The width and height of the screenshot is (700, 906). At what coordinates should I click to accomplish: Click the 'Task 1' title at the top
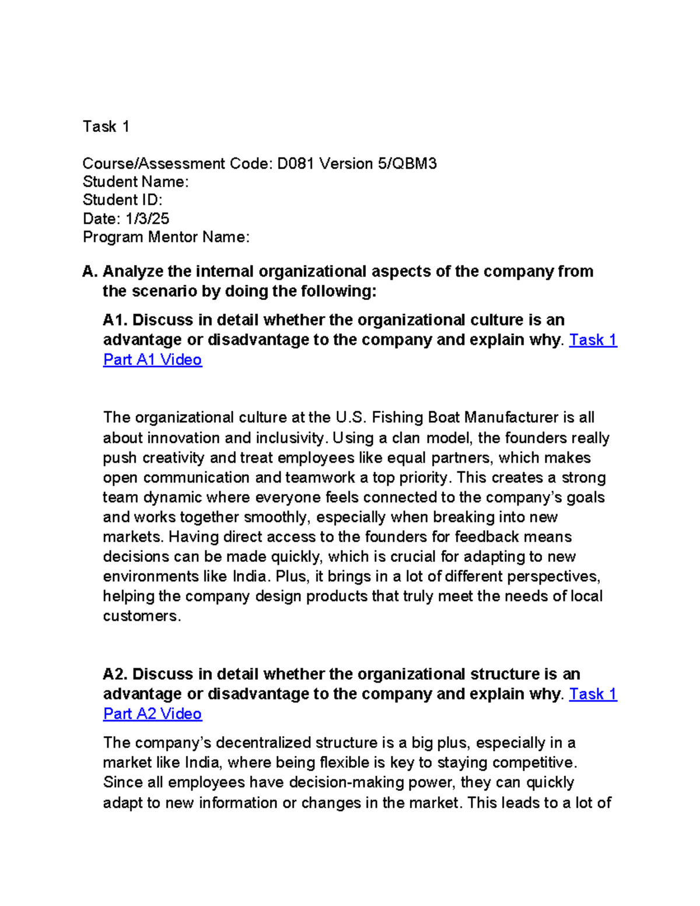[106, 127]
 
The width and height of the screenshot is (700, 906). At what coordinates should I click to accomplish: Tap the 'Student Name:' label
[135, 182]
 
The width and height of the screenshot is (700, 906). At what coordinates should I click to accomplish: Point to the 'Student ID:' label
[123, 200]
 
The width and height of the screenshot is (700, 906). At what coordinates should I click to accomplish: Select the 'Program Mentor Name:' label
[166, 237]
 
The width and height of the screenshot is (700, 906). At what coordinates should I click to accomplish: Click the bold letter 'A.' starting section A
[89, 271]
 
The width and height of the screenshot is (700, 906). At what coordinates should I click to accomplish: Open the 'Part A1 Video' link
[152, 359]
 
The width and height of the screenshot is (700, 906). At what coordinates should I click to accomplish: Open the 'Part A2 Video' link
[152, 713]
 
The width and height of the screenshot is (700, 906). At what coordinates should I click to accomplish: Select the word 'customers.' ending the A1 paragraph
[142, 616]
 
